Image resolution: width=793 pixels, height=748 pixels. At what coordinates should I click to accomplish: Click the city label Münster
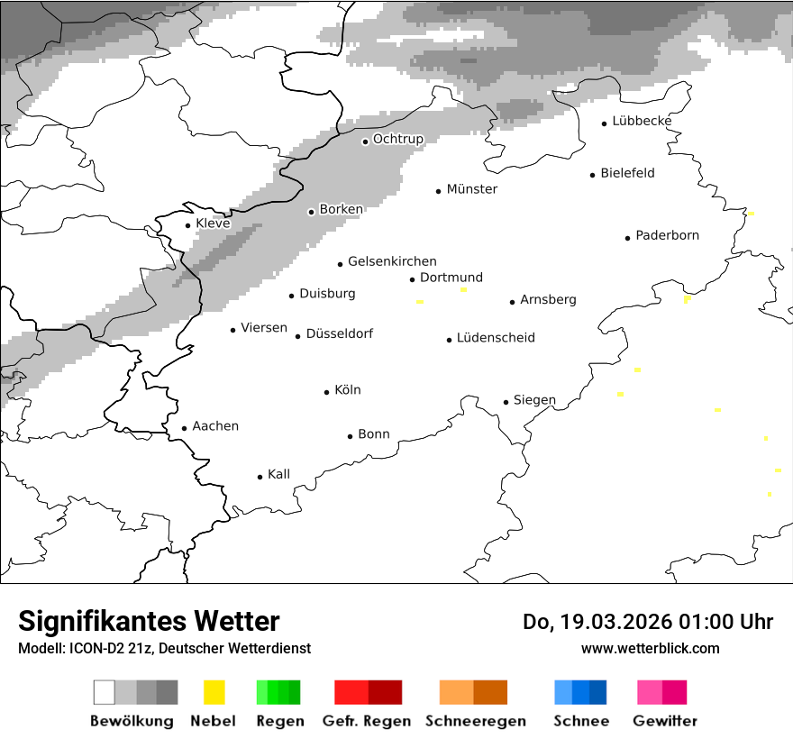(471, 189)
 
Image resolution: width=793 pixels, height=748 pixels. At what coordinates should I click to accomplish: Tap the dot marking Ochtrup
(365, 141)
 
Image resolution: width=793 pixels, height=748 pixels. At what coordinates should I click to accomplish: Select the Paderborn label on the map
(667, 235)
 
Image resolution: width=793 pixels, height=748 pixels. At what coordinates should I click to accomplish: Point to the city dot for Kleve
(187, 225)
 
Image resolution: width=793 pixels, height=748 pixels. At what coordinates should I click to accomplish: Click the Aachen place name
(215, 426)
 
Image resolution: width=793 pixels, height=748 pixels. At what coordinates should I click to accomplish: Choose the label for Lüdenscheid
(496, 338)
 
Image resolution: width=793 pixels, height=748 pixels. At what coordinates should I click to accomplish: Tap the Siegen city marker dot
(506, 402)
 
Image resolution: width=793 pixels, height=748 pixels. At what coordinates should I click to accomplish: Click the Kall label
(278, 474)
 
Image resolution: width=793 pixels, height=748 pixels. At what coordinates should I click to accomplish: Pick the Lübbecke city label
(642, 121)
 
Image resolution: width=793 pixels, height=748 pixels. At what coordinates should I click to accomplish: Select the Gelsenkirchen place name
(392, 261)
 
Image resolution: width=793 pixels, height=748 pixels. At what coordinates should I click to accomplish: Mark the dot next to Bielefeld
(592, 175)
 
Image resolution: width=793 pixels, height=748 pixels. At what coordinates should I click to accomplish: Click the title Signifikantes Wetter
(149, 621)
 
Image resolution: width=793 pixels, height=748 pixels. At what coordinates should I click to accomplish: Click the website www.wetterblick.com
(650, 648)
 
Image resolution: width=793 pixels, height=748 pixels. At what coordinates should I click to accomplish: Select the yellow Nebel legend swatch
(214, 692)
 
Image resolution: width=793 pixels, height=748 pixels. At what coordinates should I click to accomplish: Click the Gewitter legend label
(664, 721)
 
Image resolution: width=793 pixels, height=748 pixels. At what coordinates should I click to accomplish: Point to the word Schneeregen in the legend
(475, 721)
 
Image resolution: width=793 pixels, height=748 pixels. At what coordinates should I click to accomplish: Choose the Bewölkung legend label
(132, 721)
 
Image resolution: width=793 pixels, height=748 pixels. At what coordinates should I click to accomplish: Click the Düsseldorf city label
(339, 333)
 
